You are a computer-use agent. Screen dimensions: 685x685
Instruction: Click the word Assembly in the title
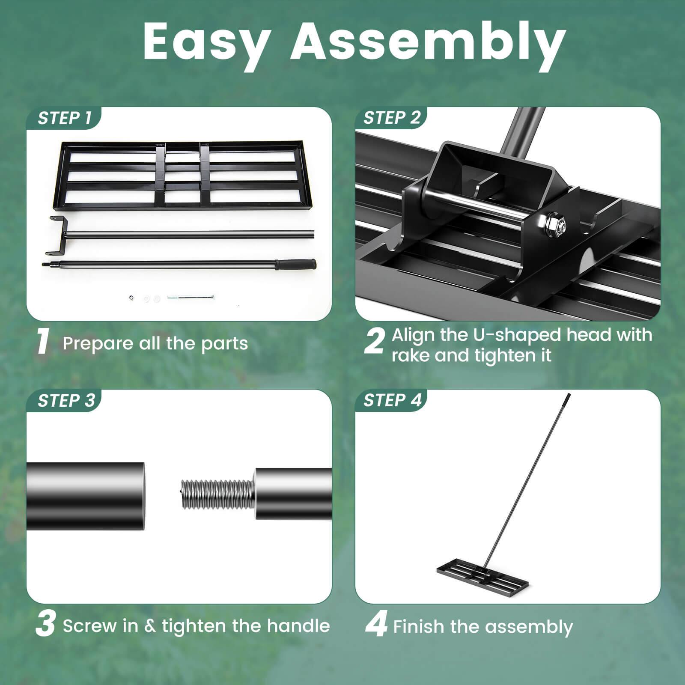(428, 42)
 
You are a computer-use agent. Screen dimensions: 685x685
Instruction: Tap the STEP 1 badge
(65, 118)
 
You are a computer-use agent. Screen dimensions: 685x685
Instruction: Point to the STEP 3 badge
(66, 401)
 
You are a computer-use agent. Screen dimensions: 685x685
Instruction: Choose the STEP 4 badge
(392, 400)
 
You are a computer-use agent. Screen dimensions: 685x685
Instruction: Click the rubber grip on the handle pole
(295, 265)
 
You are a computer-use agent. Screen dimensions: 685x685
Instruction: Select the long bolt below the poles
(191, 297)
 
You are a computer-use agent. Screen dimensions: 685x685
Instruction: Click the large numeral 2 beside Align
(374, 342)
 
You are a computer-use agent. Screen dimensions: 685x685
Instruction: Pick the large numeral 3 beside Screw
(45, 625)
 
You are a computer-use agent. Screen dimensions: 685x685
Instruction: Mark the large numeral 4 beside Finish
(376, 625)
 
